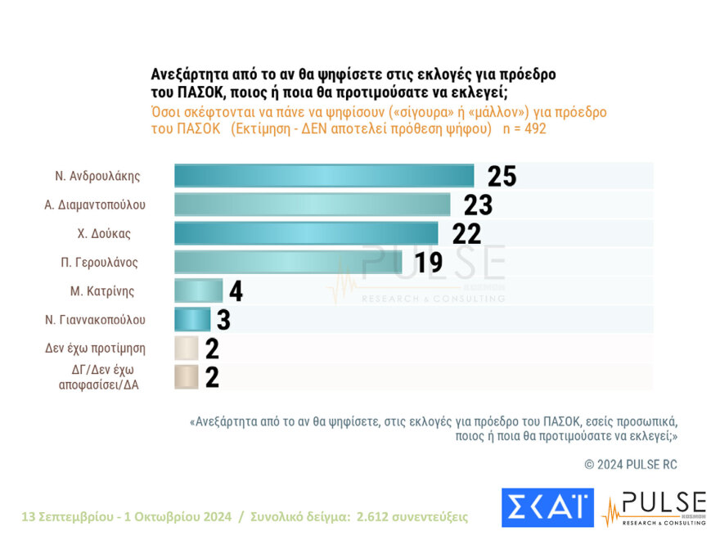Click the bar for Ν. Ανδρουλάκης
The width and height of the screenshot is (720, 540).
tap(324, 176)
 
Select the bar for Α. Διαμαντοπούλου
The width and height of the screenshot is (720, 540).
tap(312, 205)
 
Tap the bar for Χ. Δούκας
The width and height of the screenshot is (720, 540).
tap(306, 233)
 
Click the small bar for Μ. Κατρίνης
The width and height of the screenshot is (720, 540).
tap(198, 290)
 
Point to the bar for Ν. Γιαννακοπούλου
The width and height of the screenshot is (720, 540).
tap(192, 319)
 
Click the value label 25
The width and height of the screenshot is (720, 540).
tap(502, 176)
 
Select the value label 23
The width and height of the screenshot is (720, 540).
tap(478, 205)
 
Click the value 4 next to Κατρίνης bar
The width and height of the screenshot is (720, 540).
tap(236, 291)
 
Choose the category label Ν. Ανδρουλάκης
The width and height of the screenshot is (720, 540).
tap(97, 176)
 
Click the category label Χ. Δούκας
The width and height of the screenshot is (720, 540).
tap(104, 233)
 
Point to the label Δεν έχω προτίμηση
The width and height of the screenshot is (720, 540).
tap(95, 348)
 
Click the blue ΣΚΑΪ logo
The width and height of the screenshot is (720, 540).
tap(547, 507)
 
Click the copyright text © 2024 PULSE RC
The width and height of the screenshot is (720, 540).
tap(630, 464)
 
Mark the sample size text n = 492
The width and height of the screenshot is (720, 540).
tap(523, 129)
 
